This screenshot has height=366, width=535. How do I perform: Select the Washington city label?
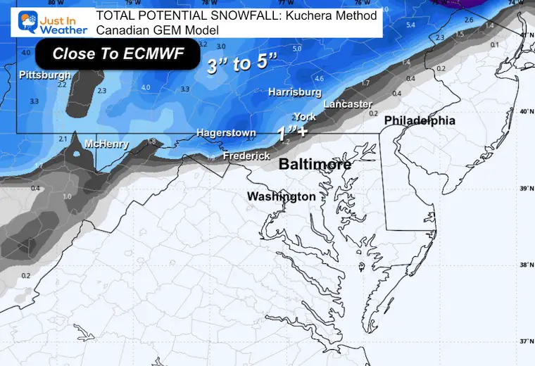click(x=281, y=196)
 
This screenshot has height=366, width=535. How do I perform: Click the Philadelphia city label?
click(x=420, y=120)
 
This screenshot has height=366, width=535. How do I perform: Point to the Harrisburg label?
click(x=295, y=92)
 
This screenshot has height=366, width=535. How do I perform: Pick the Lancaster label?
click(x=348, y=104)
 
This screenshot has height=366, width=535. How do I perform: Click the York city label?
click(x=305, y=117)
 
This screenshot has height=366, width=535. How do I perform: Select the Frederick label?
click(x=246, y=156)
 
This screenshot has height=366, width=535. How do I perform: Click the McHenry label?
click(x=106, y=144)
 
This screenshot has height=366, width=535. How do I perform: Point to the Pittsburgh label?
click(x=45, y=75)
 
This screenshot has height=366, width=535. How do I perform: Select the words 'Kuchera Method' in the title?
click(x=336, y=15)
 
